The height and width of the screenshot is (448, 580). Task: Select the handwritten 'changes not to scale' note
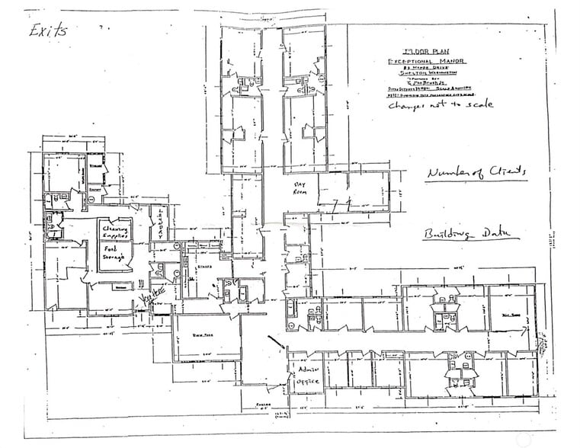tap(440, 105)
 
